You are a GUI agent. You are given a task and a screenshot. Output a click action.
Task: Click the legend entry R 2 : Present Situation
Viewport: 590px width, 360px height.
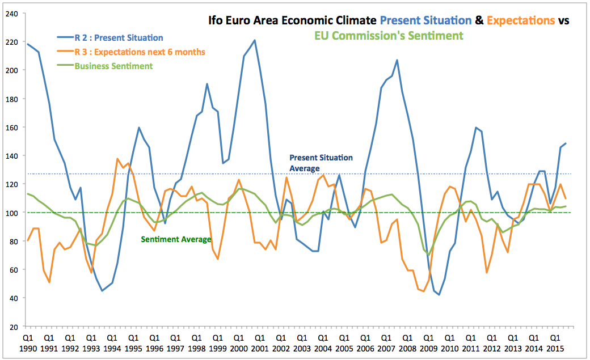(x=119, y=38)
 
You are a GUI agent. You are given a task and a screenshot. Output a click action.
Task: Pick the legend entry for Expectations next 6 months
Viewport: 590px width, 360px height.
(x=140, y=52)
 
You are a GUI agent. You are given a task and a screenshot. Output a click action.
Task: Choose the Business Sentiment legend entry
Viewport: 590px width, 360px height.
(x=113, y=66)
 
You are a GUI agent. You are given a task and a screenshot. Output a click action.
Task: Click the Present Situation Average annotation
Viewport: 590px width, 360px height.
(x=321, y=163)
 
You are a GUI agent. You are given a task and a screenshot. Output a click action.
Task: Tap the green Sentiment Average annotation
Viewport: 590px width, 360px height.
(x=176, y=240)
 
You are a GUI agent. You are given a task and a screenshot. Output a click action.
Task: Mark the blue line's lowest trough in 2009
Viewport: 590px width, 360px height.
(x=439, y=295)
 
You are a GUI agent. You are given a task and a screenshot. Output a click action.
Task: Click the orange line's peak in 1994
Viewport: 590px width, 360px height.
(x=117, y=159)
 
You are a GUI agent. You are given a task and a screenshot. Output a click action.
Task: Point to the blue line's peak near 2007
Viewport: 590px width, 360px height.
(x=397, y=60)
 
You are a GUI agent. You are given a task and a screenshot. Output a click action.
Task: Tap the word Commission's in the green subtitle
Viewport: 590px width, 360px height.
(x=389, y=36)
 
